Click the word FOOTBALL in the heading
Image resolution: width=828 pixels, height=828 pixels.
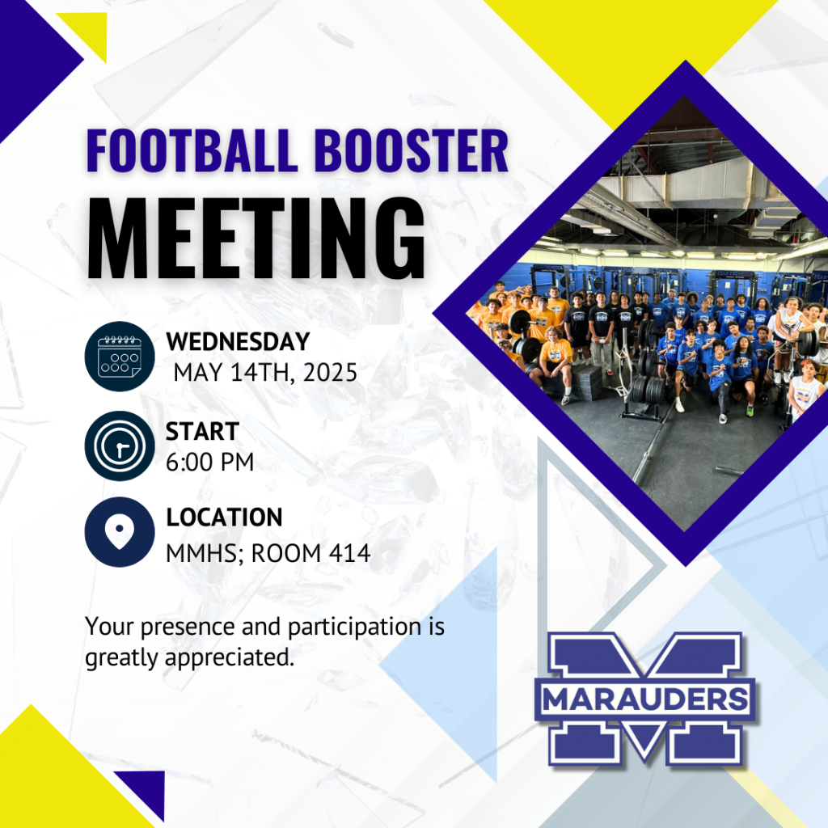[x=192, y=150]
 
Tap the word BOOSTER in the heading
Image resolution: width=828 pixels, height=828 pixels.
[x=412, y=150]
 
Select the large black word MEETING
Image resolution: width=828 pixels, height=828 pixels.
[x=256, y=239]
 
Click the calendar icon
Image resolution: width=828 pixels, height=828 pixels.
[x=120, y=357]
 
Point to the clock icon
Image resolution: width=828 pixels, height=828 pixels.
[x=120, y=446]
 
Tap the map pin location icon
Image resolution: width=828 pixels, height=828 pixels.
[x=120, y=532]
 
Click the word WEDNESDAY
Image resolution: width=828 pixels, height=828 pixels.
[x=239, y=342]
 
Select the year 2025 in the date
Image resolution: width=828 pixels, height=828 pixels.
[x=331, y=373]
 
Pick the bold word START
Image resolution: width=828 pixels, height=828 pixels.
[x=203, y=432]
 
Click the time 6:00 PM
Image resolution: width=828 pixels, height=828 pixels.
[x=209, y=462]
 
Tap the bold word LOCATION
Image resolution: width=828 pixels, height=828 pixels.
[x=225, y=517]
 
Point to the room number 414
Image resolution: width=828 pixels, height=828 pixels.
[x=349, y=553]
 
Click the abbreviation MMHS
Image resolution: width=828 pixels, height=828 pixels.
[x=201, y=553]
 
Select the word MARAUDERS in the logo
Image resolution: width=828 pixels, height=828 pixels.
[x=644, y=700]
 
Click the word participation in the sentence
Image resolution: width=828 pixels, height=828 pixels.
[x=354, y=627]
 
